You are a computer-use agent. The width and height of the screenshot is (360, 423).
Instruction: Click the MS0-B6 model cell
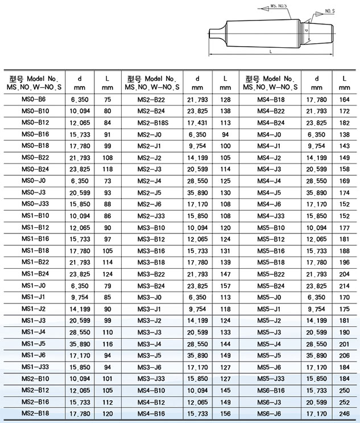34,99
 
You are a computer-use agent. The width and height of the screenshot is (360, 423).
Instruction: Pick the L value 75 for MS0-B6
107,99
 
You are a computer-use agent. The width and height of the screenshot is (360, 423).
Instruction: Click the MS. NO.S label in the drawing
278,6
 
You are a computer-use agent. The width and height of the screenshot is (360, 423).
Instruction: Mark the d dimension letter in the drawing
306,30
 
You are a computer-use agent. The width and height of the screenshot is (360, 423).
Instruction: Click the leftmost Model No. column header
35,82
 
